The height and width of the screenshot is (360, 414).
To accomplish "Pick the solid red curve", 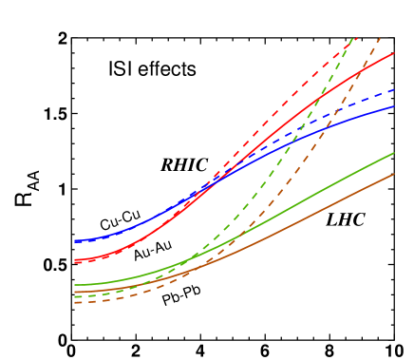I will pyautogui.click(x=285, y=119).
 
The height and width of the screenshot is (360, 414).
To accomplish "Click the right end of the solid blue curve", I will pyautogui.click(x=394, y=106).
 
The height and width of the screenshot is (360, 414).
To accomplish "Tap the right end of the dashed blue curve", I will pyautogui.click(x=394, y=89).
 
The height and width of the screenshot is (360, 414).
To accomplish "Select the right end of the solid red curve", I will pyautogui.click(x=394, y=53).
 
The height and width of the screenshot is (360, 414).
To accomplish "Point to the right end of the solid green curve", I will pyautogui.click(x=394, y=152).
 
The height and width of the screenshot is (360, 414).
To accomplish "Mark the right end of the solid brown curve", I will pyautogui.click(x=394, y=174).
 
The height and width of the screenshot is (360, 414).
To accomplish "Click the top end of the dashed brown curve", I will pyautogui.click(x=381, y=37).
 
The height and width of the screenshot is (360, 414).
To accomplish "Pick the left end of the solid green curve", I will pyautogui.click(x=74, y=285).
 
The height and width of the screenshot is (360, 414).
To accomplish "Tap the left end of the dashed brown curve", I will pyautogui.click(x=74, y=303).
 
